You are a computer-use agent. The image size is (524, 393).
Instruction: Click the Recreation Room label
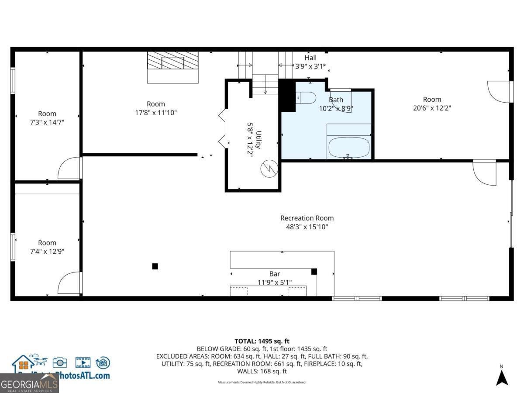click(307, 218)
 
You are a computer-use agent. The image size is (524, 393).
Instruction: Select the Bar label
click(274, 274)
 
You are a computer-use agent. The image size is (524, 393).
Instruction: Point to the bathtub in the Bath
click(348, 148)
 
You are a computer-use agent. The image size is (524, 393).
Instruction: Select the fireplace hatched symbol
click(172, 61)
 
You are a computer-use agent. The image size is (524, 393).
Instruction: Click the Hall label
click(310, 58)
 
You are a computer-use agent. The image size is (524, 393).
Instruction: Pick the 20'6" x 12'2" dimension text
click(431, 107)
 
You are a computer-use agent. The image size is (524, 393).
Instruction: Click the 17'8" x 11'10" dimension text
click(155, 112)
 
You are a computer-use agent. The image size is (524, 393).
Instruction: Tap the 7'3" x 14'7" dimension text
click(47, 122)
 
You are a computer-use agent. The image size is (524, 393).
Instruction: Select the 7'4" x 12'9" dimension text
click(47, 251)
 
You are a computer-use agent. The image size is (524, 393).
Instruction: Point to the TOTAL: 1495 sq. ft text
click(262, 341)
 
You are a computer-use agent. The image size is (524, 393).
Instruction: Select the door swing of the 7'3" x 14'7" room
click(70, 168)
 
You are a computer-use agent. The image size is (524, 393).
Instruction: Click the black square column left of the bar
click(155, 266)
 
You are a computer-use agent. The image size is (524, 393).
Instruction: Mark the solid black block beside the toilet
click(287, 96)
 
